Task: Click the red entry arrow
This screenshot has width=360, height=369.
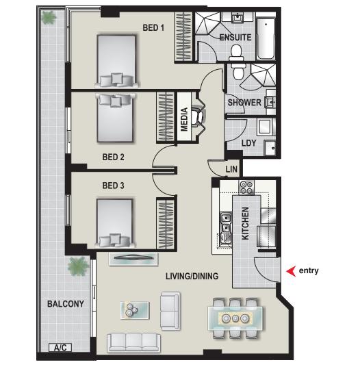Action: (x=291, y=271)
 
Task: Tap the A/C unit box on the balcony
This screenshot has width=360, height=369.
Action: (x=60, y=347)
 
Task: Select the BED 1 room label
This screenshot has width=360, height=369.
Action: (x=153, y=28)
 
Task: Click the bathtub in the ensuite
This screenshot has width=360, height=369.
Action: (x=266, y=39)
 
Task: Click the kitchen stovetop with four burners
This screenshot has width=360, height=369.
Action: (x=246, y=188)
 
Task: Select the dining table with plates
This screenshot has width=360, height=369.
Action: (x=235, y=318)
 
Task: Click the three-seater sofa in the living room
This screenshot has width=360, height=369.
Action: (x=133, y=342)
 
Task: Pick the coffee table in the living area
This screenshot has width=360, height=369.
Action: (x=135, y=310)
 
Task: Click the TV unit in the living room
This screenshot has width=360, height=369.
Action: (x=133, y=259)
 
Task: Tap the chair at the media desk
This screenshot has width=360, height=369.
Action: (x=197, y=117)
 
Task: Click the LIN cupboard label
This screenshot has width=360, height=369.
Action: (x=231, y=169)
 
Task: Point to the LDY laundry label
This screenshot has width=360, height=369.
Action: (x=248, y=143)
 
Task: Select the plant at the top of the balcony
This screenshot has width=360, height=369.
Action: (x=49, y=17)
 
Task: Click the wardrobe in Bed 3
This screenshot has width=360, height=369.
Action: (x=166, y=223)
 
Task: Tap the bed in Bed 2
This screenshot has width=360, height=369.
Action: (x=115, y=118)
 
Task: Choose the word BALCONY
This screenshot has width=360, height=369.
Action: (x=66, y=304)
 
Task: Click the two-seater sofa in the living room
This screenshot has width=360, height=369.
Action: (x=170, y=310)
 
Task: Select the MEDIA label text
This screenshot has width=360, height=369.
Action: (x=184, y=119)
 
